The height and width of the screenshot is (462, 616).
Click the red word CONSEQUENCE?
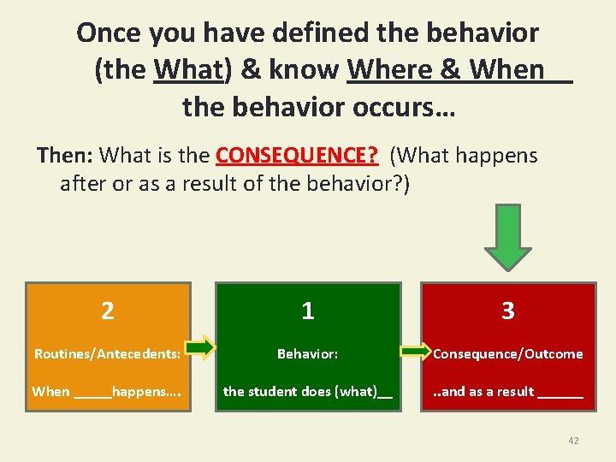[x=297, y=156]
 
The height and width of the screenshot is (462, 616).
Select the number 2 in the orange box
[x=108, y=311]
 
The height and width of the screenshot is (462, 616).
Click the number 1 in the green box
[x=308, y=311]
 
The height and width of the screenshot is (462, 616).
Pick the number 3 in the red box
[x=508, y=311]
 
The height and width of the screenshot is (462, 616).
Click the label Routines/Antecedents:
[x=107, y=353]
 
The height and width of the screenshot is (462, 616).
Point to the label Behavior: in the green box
[x=307, y=353]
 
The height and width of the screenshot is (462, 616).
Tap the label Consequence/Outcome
[x=508, y=353]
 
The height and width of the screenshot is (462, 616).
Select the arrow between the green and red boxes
[x=416, y=351]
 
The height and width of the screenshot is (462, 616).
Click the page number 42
[x=573, y=441]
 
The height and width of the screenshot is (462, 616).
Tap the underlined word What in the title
[x=188, y=69]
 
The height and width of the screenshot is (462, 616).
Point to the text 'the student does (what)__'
[x=308, y=391]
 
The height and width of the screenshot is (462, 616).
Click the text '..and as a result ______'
[x=507, y=391]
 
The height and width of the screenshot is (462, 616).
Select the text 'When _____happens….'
[x=106, y=391]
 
